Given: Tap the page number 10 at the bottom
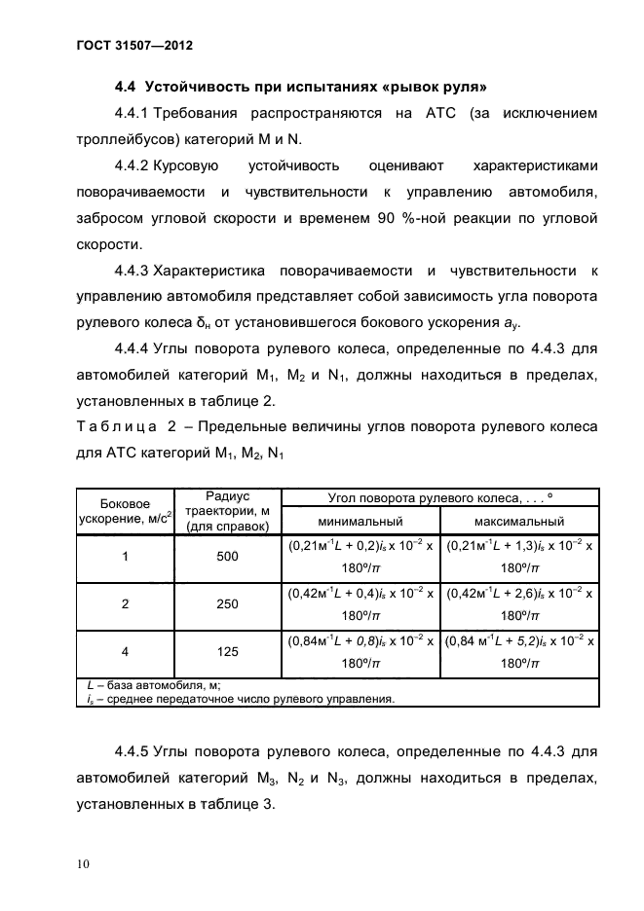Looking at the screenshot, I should click(x=83, y=863).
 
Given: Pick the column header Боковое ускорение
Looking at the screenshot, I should click(x=125, y=510).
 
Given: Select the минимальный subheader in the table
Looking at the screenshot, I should click(x=359, y=522).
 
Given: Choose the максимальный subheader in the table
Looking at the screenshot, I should click(x=519, y=522).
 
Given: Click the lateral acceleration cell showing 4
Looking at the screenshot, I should click(x=125, y=652).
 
